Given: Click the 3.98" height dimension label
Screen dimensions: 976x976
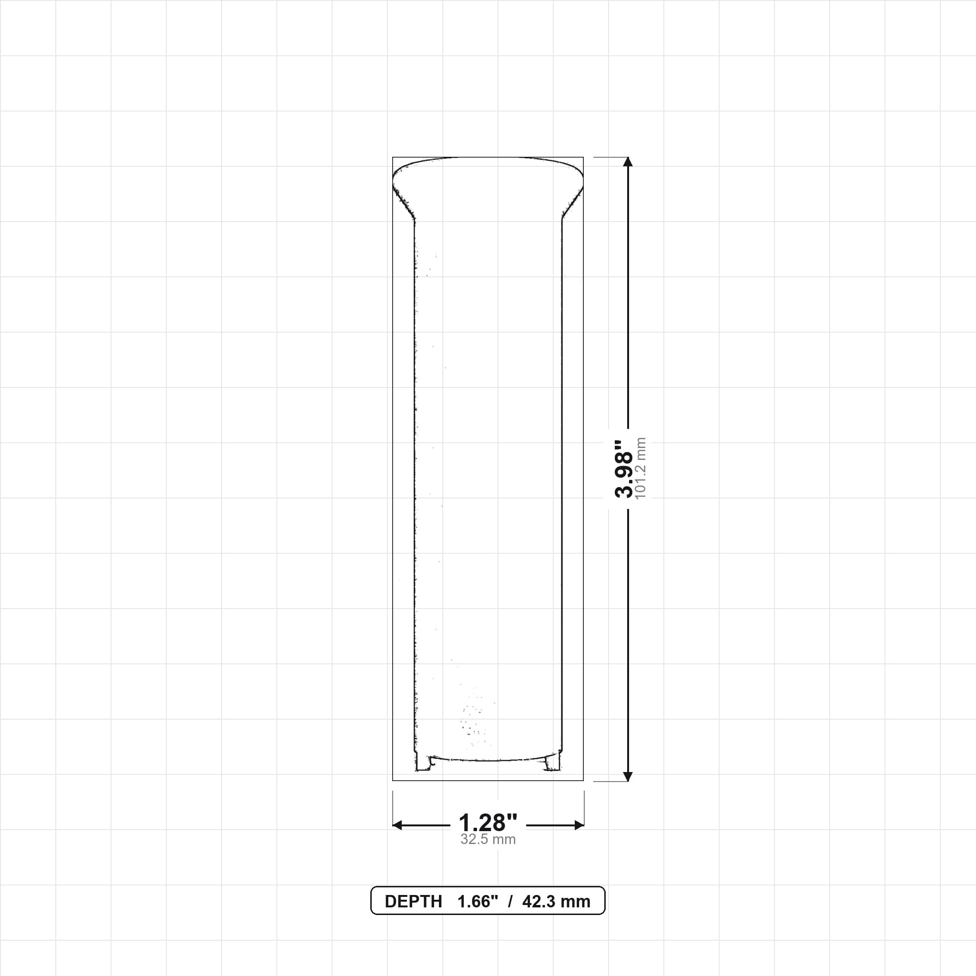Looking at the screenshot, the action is [x=624, y=468].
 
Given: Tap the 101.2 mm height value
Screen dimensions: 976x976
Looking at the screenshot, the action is [x=641, y=468].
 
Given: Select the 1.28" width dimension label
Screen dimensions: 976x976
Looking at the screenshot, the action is [x=488, y=823].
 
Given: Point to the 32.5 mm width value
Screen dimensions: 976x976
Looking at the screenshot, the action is [x=488, y=840].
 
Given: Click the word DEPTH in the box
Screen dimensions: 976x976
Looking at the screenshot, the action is [x=413, y=902].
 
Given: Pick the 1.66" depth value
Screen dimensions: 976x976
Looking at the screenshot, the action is [x=478, y=902].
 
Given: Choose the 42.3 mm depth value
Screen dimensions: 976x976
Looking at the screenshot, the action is [x=556, y=902].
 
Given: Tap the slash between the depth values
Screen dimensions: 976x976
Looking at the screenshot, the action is [x=511, y=902].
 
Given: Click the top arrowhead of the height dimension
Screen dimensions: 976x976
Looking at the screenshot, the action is [x=628, y=162].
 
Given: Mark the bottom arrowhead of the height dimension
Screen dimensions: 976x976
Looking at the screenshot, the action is [x=628, y=776].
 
